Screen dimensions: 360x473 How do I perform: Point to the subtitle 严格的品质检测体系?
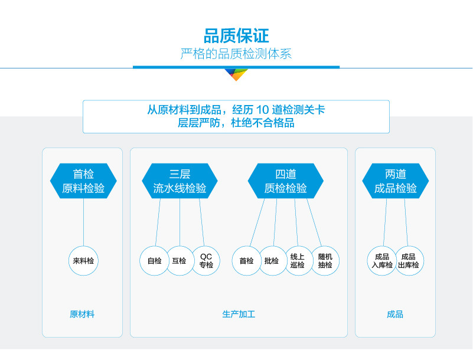click(x=236, y=54)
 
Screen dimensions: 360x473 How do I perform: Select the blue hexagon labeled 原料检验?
click(x=83, y=181)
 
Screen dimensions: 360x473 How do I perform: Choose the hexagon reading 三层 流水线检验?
click(x=180, y=181)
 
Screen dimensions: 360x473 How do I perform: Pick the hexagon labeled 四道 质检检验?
click(x=285, y=181)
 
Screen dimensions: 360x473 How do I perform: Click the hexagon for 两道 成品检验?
click(x=396, y=181)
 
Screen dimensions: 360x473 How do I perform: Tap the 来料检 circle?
click(x=83, y=260)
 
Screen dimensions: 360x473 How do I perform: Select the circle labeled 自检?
click(x=154, y=260)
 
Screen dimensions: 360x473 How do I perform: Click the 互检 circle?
click(x=179, y=260)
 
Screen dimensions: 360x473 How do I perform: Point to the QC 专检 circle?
click(x=205, y=260)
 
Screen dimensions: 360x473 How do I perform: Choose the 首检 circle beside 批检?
click(x=246, y=260)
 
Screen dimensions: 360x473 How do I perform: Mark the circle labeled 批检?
click(x=272, y=260)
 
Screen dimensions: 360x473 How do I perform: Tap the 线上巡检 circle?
click(x=298, y=260)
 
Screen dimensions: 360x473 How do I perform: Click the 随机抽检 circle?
click(x=325, y=260)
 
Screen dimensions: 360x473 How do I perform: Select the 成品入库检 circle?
click(x=382, y=260)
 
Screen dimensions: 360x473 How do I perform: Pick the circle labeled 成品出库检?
click(x=408, y=260)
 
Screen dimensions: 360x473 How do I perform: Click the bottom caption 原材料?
click(x=82, y=314)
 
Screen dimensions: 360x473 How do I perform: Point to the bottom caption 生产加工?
click(x=239, y=314)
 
